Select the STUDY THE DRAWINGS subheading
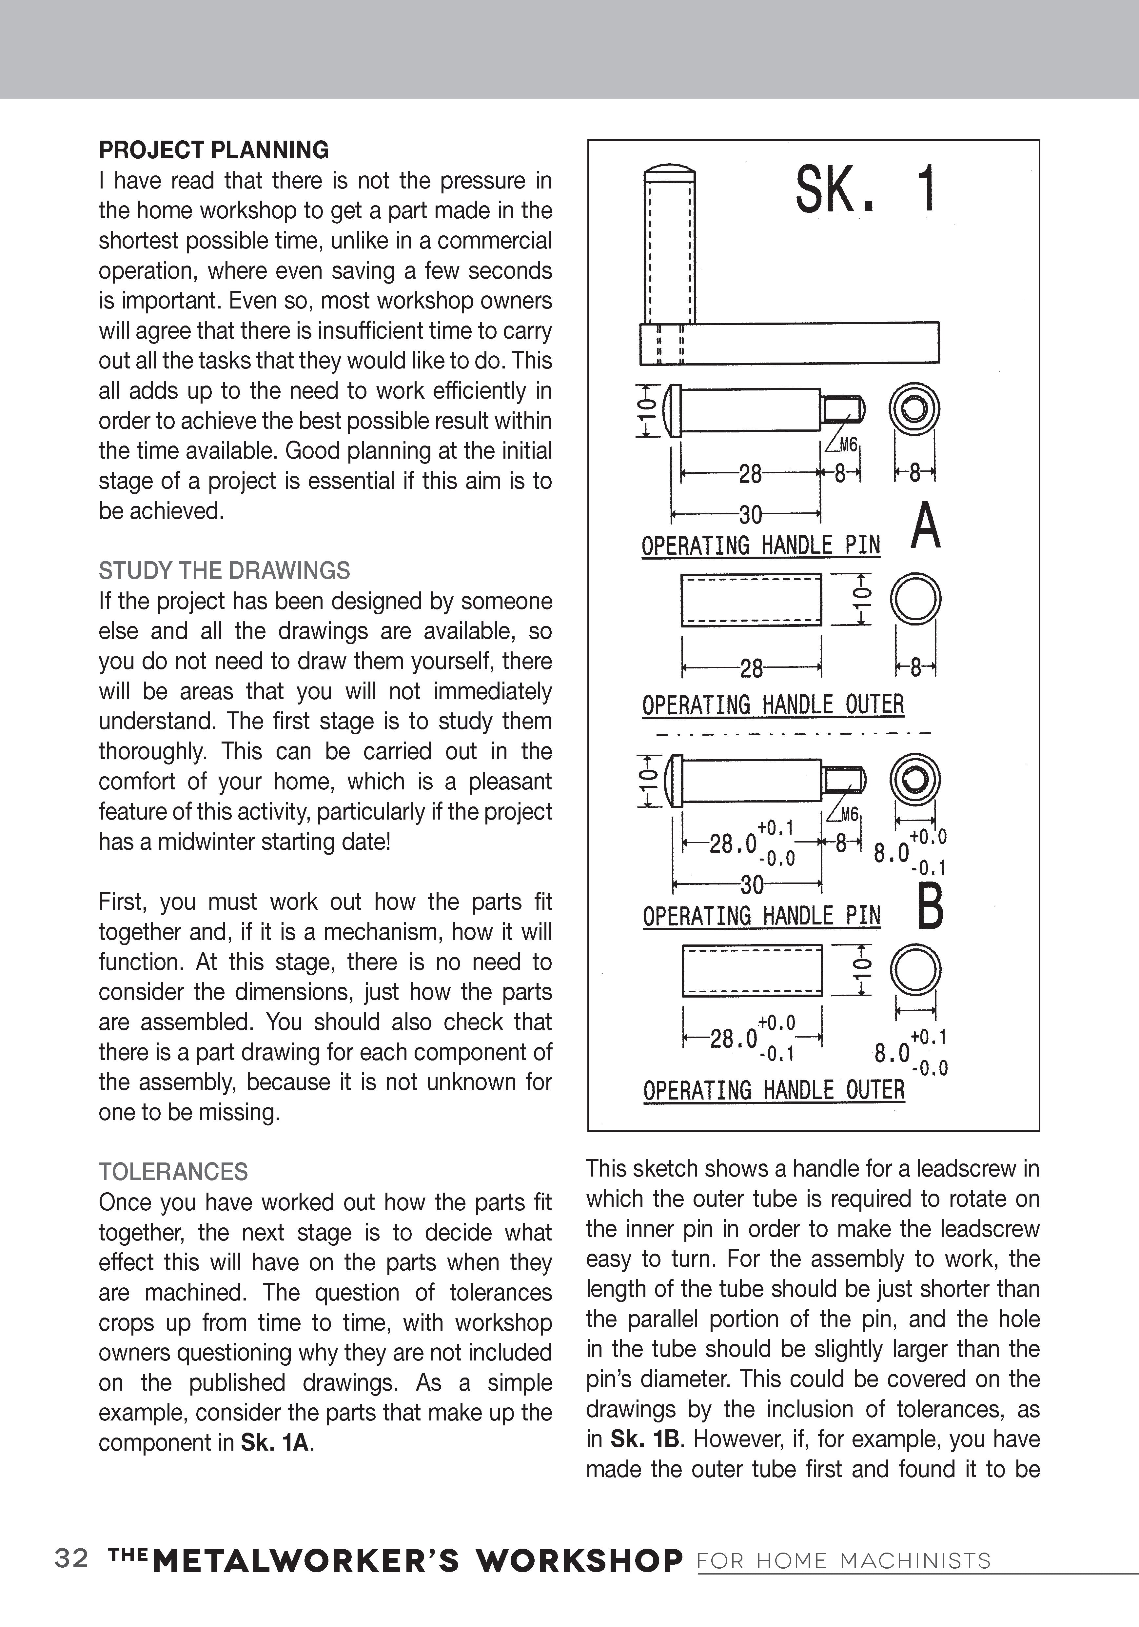(224, 570)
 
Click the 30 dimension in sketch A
(750, 514)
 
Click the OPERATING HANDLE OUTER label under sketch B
(774, 1090)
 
